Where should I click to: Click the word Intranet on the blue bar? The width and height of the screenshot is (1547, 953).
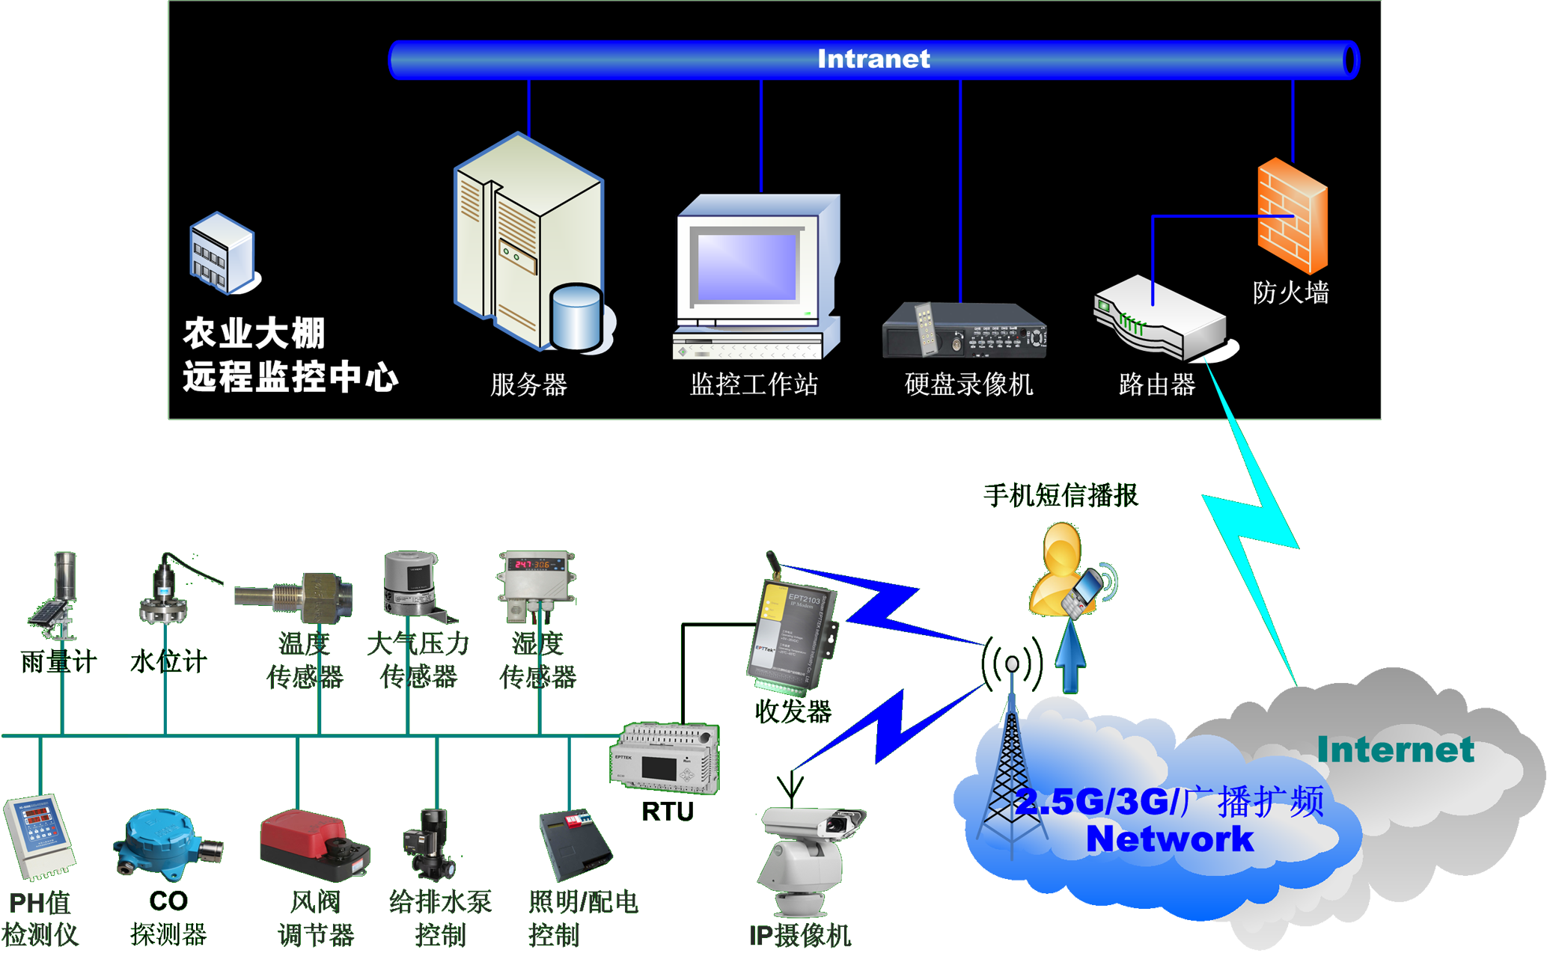click(x=873, y=59)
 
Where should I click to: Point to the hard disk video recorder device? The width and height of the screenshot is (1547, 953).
click(x=964, y=331)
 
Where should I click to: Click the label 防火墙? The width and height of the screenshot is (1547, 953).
click(x=1290, y=292)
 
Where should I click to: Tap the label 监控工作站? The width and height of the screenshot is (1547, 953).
click(x=753, y=384)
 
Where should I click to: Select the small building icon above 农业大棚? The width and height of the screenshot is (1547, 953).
click(x=222, y=253)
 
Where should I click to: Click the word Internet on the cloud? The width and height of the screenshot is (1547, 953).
click(x=1395, y=750)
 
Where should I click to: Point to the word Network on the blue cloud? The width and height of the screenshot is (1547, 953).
click(x=1169, y=839)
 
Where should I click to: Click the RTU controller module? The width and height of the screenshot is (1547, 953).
click(x=665, y=757)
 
